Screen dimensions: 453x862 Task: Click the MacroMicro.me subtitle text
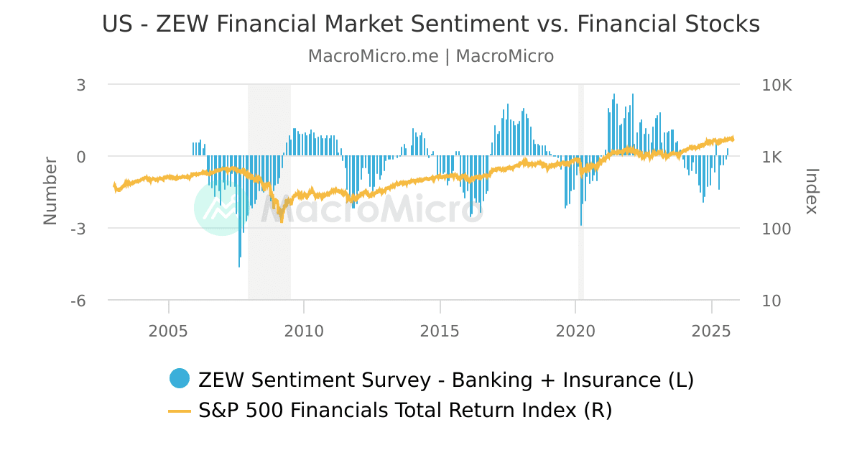373,56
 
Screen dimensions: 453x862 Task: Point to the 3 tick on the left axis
80,85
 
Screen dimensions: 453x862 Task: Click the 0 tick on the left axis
80,157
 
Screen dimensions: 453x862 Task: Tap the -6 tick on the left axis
78,301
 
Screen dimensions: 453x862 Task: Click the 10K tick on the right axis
777,85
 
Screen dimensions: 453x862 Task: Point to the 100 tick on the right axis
776,229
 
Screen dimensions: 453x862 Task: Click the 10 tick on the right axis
771,301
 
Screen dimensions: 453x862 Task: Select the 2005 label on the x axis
168,331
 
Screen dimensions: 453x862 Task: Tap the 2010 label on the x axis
304,331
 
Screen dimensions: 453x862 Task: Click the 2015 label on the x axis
440,331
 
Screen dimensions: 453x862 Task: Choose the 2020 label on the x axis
575,331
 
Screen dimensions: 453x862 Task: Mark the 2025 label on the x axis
711,331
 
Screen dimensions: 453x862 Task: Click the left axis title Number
50,191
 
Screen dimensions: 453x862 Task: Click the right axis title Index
812,191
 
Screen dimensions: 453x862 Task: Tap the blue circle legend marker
180,378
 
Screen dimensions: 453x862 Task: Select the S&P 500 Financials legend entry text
405,411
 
